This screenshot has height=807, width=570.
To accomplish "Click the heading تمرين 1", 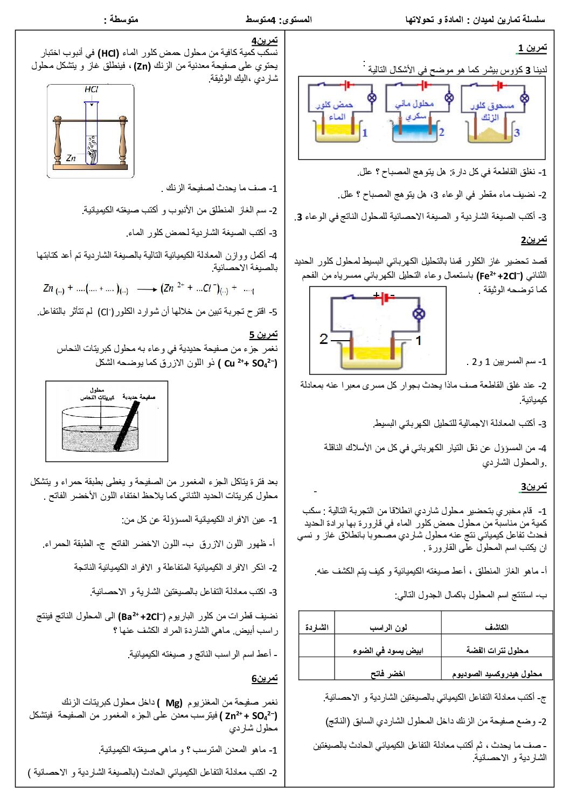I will click(532, 48).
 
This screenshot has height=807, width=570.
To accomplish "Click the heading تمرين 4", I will click(265, 40).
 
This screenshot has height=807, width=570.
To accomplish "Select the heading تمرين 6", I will click(265, 678).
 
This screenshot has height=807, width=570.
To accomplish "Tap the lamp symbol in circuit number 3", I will click(524, 98).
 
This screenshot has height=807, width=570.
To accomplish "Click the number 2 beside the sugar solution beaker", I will click(441, 132).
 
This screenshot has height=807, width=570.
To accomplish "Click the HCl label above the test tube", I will click(92, 89).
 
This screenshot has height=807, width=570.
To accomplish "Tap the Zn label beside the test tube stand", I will click(71, 158).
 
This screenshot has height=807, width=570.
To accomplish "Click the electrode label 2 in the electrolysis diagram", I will click(323, 339).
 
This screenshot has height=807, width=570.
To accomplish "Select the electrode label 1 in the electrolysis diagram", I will click(418, 340).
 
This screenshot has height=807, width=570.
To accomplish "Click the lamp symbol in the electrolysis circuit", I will click(419, 314).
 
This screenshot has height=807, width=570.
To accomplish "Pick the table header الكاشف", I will click(496, 627).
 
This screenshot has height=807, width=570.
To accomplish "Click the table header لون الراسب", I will click(388, 627).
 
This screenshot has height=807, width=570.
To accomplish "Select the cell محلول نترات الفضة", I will click(497, 651).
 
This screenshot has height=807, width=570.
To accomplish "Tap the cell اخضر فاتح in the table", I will click(388, 674).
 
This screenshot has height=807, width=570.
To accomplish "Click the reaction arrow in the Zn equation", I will click(147, 289).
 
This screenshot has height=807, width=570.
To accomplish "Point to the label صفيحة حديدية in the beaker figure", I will click(139, 397).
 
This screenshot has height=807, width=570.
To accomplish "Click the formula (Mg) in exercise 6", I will click(173, 702).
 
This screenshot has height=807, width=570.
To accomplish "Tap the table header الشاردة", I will click(316, 627).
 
